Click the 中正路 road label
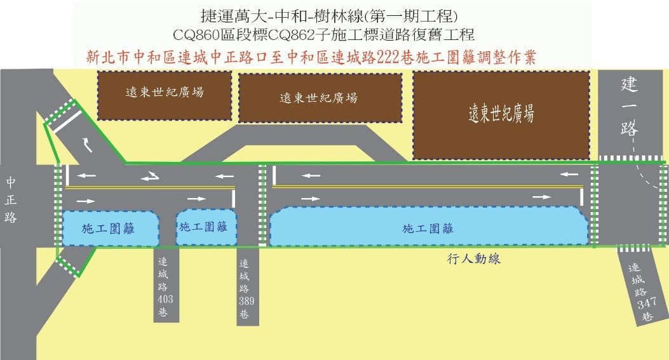pos(11,200)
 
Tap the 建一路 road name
pos(629,107)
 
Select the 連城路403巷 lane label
pos(165,286)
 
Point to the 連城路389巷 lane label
pos(246,289)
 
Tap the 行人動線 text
pos(473,258)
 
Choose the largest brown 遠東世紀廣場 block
pos(501,115)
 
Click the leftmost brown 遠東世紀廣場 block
pos(165,95)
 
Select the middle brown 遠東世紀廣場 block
pos(320,98)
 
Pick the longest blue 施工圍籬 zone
pos(428,227)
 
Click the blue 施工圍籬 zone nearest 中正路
pos(111,228)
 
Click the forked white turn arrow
pos(150,175)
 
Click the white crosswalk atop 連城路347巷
pos(634,248)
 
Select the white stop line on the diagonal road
pos(67,121)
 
